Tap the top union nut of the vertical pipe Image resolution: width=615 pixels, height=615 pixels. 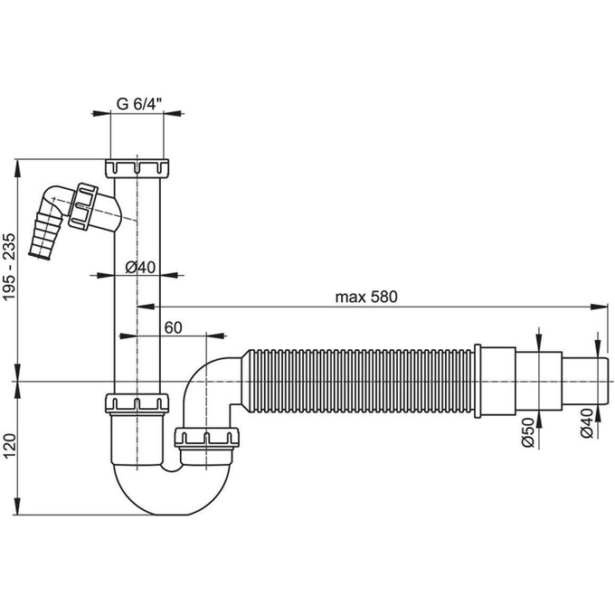(x=138, y=168)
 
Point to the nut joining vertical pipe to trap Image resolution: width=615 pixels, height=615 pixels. (x=138, y=402)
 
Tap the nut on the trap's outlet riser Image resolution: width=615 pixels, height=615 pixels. (x=206, y=439)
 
